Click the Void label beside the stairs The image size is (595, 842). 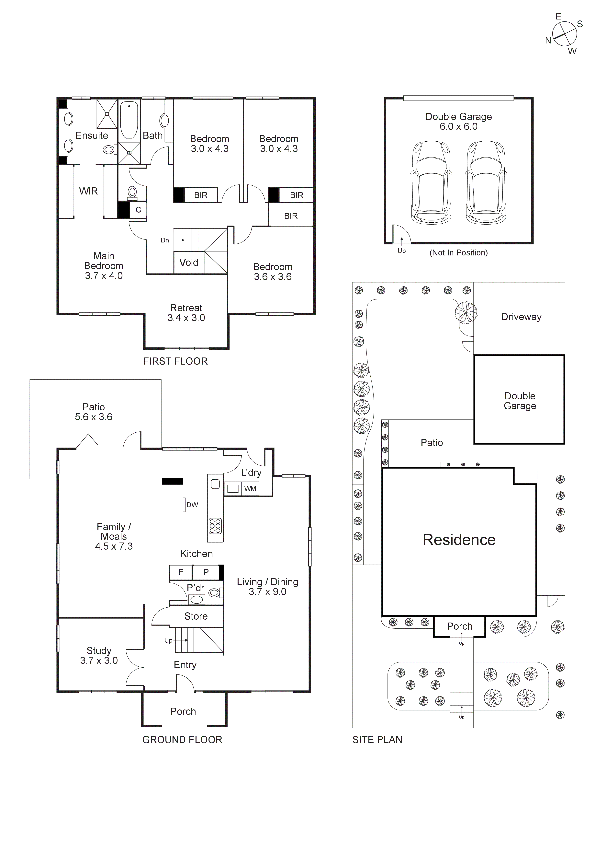click(189, 263)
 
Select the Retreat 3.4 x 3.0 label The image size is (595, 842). click(186, 313)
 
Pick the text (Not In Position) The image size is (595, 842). click(458, 253)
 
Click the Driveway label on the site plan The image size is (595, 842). click(521, 317)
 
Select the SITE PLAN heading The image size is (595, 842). click(377, 740)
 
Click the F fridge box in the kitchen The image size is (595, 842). click(181, 572)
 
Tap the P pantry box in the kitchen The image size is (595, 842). click(206, 572)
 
